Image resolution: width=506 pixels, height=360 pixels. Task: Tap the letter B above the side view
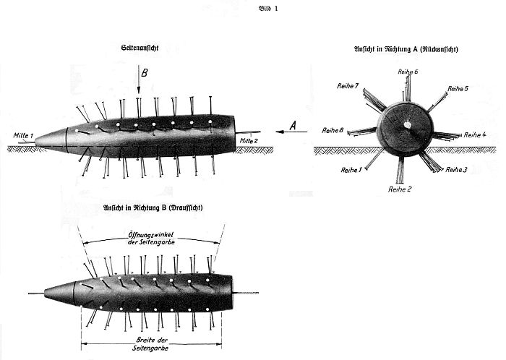click(144, 73)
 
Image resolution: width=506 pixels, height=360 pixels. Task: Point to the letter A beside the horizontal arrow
click(293, 125)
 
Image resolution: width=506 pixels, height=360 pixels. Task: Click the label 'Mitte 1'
click(22, 134)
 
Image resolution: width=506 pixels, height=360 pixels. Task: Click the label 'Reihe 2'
click(400, 189)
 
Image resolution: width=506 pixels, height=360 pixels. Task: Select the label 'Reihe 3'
click(456, 169)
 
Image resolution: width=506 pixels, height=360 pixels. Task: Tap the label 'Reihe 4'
click(474, 134)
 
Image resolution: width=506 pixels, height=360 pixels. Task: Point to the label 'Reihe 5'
click(458, 88)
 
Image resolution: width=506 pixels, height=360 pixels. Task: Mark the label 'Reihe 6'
click(408, 72)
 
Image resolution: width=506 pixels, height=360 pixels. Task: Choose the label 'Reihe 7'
click(348, 86)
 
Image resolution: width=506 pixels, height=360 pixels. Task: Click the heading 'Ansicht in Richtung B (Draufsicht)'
click(152, 208)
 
